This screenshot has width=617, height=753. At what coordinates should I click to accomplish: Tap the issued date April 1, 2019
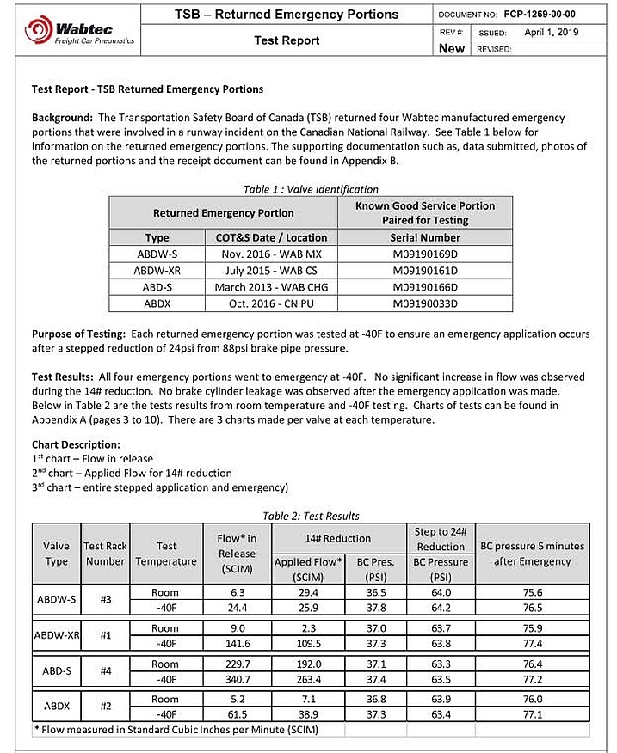click(x=551, y=33)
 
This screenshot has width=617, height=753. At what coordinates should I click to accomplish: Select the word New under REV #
click(x=452, y=48)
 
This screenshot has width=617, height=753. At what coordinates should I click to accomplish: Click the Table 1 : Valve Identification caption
click(x=310, y=189)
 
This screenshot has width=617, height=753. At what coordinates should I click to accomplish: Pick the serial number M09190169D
click(x=427, y=254)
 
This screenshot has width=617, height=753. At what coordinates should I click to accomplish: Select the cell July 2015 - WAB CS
click(x=271, y=270)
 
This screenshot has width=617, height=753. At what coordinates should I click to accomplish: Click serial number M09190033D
click(x=427, y=303)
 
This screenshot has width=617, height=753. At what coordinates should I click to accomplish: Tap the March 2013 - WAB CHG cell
click(x=271, y=286)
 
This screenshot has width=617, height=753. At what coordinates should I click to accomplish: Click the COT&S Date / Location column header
click(x=271, y=237)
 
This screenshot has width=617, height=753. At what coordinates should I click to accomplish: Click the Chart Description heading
click(x=76, y=444)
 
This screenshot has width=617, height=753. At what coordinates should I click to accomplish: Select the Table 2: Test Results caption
click(x=311, y=516)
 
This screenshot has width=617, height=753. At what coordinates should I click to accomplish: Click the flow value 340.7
click(x=237, y=678)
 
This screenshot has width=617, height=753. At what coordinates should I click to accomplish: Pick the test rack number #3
click(x=105, y=599)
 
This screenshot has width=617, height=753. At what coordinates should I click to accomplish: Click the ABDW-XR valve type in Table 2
click(x=57, y=635)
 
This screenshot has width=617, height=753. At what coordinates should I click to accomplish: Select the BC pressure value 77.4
click(x=532, y=642)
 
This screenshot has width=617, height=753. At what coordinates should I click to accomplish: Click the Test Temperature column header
click(x=166, y=554)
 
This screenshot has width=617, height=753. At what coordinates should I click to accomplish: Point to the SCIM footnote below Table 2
click(x=175, y=730)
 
